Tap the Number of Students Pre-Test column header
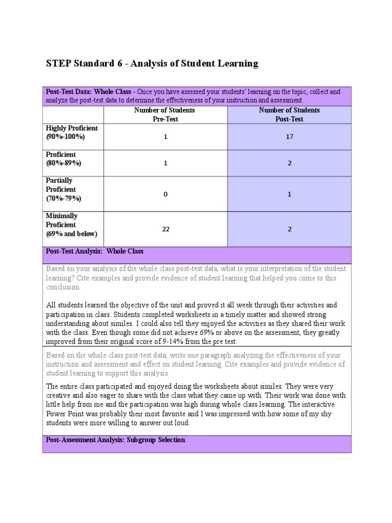click(x=165, y=114)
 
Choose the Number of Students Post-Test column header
click(x=289, y=114)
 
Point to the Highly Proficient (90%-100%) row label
click(x=71, y=132)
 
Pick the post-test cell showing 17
click(x=289, y=137)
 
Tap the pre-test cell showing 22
click(x=165, y=229)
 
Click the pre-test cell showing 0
click(x=165, y=194)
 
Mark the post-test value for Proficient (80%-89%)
click(x=289, y=163)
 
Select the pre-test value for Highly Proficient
click(x=165, y=137)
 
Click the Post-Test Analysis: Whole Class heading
click(x=95, y=251)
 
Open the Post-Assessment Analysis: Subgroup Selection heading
click(x=115, y=440)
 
